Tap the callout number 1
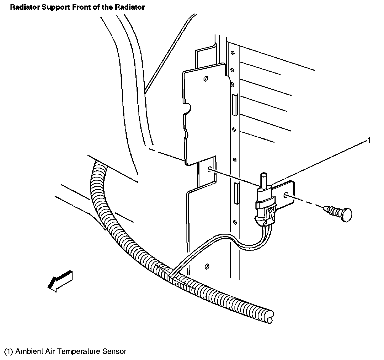[369, 140]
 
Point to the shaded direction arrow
[60, 280]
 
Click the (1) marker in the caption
[9, 351]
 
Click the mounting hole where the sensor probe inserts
[210, 169]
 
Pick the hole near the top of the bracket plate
[206, 79]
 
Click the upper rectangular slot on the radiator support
[235, 105]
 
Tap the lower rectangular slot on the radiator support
[236, 193]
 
